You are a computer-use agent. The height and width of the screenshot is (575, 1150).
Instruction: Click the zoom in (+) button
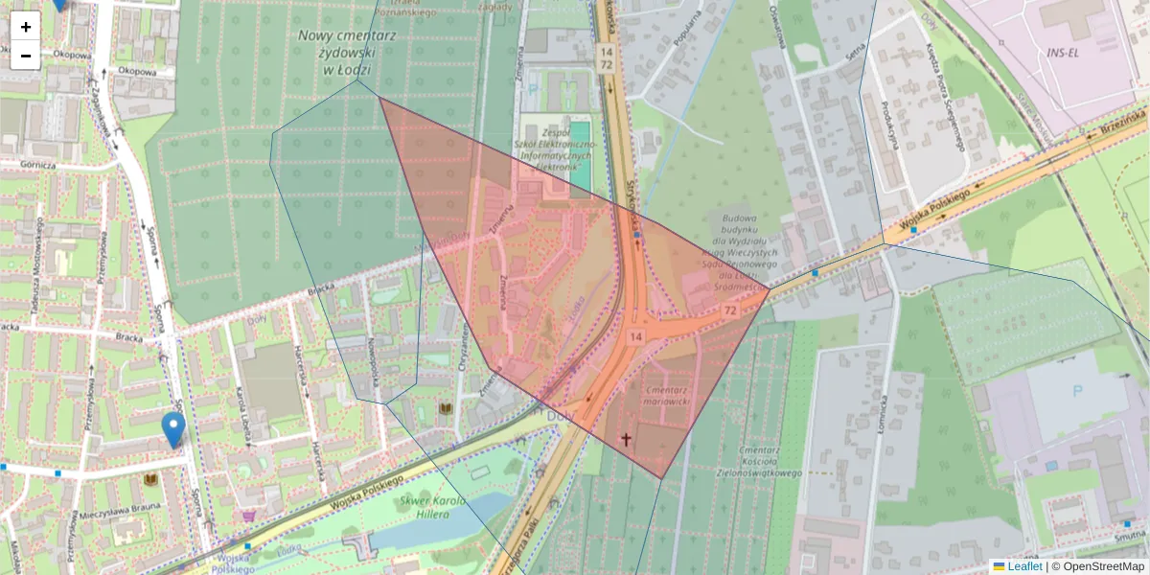(26, 27)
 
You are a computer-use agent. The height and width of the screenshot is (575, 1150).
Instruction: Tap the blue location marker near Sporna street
(173, 429)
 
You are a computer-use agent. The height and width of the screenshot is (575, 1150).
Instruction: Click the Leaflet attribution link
(1024, 566)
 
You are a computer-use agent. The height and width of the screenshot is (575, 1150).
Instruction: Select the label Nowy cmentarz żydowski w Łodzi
(333, 52)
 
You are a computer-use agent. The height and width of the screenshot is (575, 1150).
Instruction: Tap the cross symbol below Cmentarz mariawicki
(627, 440)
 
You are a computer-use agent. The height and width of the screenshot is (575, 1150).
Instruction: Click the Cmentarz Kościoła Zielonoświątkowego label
(758, 461)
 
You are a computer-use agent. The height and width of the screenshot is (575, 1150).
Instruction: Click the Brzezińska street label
(1123, 123)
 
